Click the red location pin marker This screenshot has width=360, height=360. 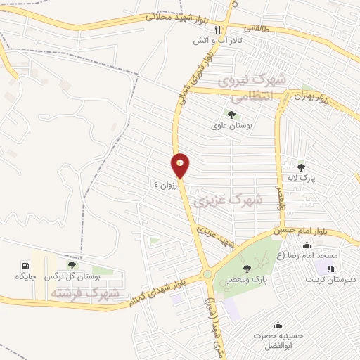(180, 165)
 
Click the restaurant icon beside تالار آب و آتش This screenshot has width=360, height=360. (218, 30)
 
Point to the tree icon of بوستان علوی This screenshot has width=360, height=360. (231, 115)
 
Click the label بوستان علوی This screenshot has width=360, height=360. (231, 127)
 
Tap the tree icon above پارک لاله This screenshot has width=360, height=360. (302, 167)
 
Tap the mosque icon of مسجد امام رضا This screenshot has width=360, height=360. (307, 245)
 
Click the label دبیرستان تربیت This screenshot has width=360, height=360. (330, 279)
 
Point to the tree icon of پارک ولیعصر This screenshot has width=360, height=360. (246, 268)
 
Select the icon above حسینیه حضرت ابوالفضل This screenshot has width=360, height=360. (278, 325)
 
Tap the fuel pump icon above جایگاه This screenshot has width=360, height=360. (26, 266)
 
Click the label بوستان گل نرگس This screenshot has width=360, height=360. (72, 277)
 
